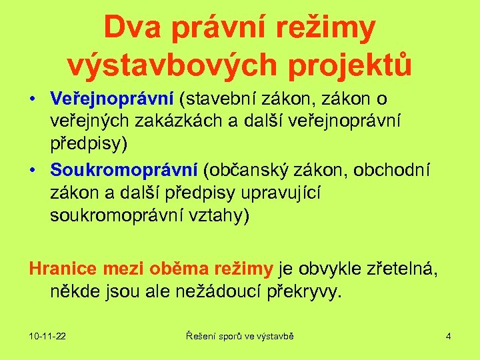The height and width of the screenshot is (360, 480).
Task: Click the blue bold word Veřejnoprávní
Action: coord(112,99)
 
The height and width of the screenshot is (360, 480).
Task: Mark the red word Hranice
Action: coord(65,269)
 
